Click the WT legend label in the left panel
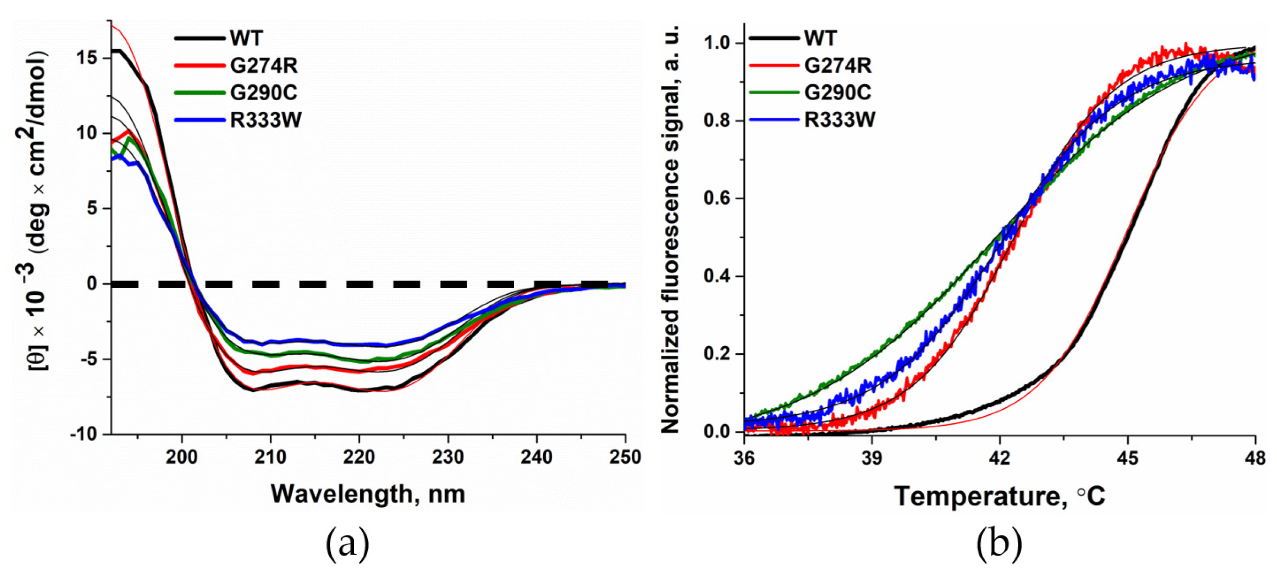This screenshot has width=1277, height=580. click(x=246, y=38)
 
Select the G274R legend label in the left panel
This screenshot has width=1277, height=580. click(x=264, y=65)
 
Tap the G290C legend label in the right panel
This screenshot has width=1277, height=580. click(x=838, y=93)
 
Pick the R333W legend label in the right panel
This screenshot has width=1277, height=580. click(x=840, y=120)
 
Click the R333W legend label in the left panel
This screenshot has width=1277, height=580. click(x=266, y=120)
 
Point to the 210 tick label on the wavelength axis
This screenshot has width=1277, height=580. click(x=270, y=456)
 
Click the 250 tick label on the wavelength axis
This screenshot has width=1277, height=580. click(x=625, y=456)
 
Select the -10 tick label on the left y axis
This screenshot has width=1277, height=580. click(x=84, y=434)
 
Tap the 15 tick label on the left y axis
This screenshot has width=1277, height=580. click(x=87, y=58)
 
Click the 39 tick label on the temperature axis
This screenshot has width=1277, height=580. click(x=872, y=458)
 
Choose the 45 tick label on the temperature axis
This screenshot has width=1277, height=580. click(x=1127, y=458)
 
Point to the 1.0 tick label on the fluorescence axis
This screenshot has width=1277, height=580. click(x=717, y=43)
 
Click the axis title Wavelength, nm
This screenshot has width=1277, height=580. click(x=368, y=494)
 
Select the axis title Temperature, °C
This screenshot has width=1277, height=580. click(x=999, y=496)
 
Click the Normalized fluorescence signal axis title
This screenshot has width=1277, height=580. click(x=670, y=229)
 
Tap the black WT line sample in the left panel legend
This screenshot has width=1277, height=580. click(x=200, y=38)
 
